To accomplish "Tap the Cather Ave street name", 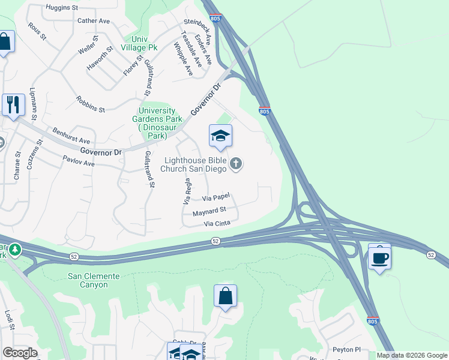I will coord(94,20).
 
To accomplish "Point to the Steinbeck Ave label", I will coord(198,36).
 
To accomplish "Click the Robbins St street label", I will coord(90,104).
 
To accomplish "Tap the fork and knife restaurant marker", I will coord(13,104).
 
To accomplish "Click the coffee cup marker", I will coord(379,258).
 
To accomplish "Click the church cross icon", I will coord(237,163).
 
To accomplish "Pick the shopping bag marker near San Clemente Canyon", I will coord(225,296).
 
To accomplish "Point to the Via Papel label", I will coord(216,197).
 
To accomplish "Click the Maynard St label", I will coord(209,211).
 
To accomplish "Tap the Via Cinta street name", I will coord(217,224).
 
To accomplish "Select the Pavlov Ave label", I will coord(79,160).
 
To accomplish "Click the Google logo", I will coord(20,353).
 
